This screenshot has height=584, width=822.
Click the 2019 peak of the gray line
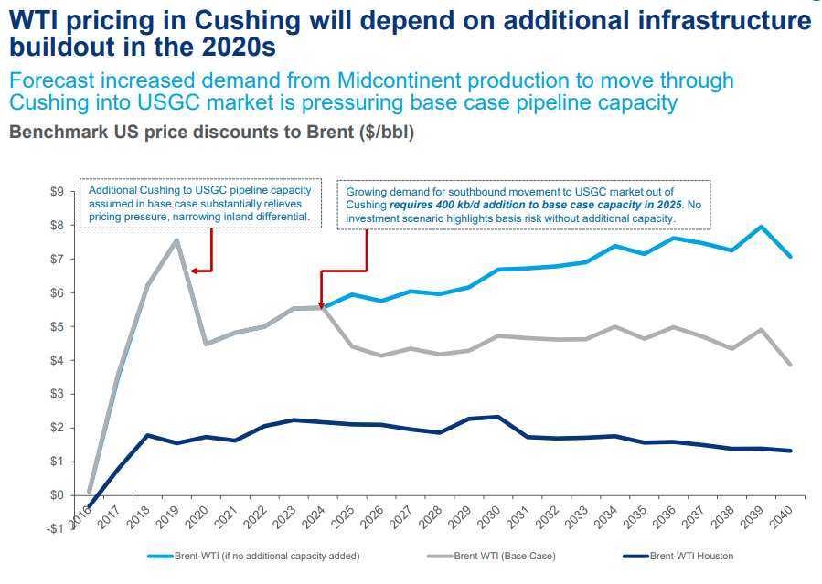[x=176, y=239]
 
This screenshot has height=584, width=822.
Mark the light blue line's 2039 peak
[x=761, y=227]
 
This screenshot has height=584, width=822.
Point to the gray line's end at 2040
[x=789, y=365]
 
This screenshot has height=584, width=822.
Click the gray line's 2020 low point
[x=206, y=344]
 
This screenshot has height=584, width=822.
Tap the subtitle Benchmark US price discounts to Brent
[x=211, y=133]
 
